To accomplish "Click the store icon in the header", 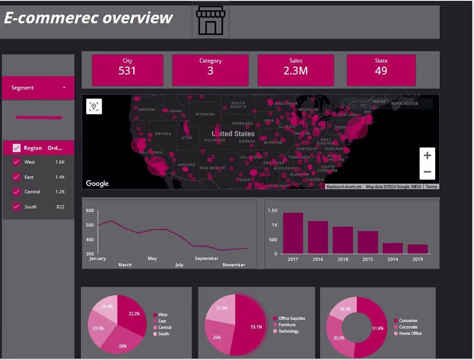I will (x=210, y=20).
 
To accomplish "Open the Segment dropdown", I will (x=38, y=88).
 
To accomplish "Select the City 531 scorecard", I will (x=128, y=70).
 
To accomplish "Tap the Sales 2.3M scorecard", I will (x=296, y=70).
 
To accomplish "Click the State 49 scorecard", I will (x=381, y=70).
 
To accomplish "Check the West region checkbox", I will (x=17, y=162).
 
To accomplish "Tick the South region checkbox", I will (x=17, y=207).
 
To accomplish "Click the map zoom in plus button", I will (x=427, y=156).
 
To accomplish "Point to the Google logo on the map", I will (x=97, y=183).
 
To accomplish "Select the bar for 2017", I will (x=293, y=233).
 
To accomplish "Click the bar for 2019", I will (x=418, y=249).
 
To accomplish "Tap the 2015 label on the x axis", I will (x=368, y=259).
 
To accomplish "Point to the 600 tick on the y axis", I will (x=90, y=210).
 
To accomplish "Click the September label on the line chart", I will (x=206, y=259).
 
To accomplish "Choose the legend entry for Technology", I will (x=288, y=331).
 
